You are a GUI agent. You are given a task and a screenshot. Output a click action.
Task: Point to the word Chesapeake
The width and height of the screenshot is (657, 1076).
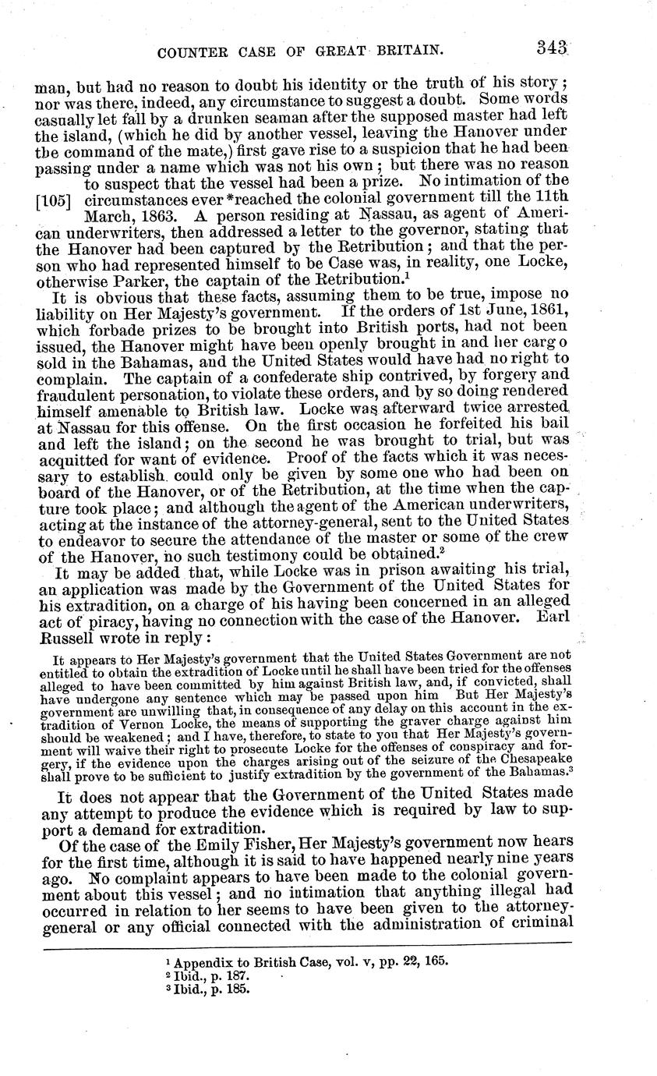click(x=531, y=759)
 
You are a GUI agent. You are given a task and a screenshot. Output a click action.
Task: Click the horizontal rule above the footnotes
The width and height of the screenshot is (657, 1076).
click(x=308, y=949)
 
